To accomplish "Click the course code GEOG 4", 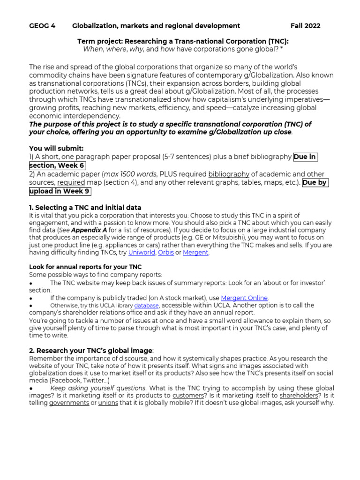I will [42, 26].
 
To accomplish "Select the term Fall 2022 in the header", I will [305, 26].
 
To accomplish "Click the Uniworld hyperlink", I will [142, 253].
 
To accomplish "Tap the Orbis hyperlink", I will [165, 253].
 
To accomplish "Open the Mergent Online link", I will [244, 298].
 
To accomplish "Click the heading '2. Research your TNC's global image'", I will [91, 350].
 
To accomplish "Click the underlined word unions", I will [108, 403].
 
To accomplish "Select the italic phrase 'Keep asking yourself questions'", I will [98, 388].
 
